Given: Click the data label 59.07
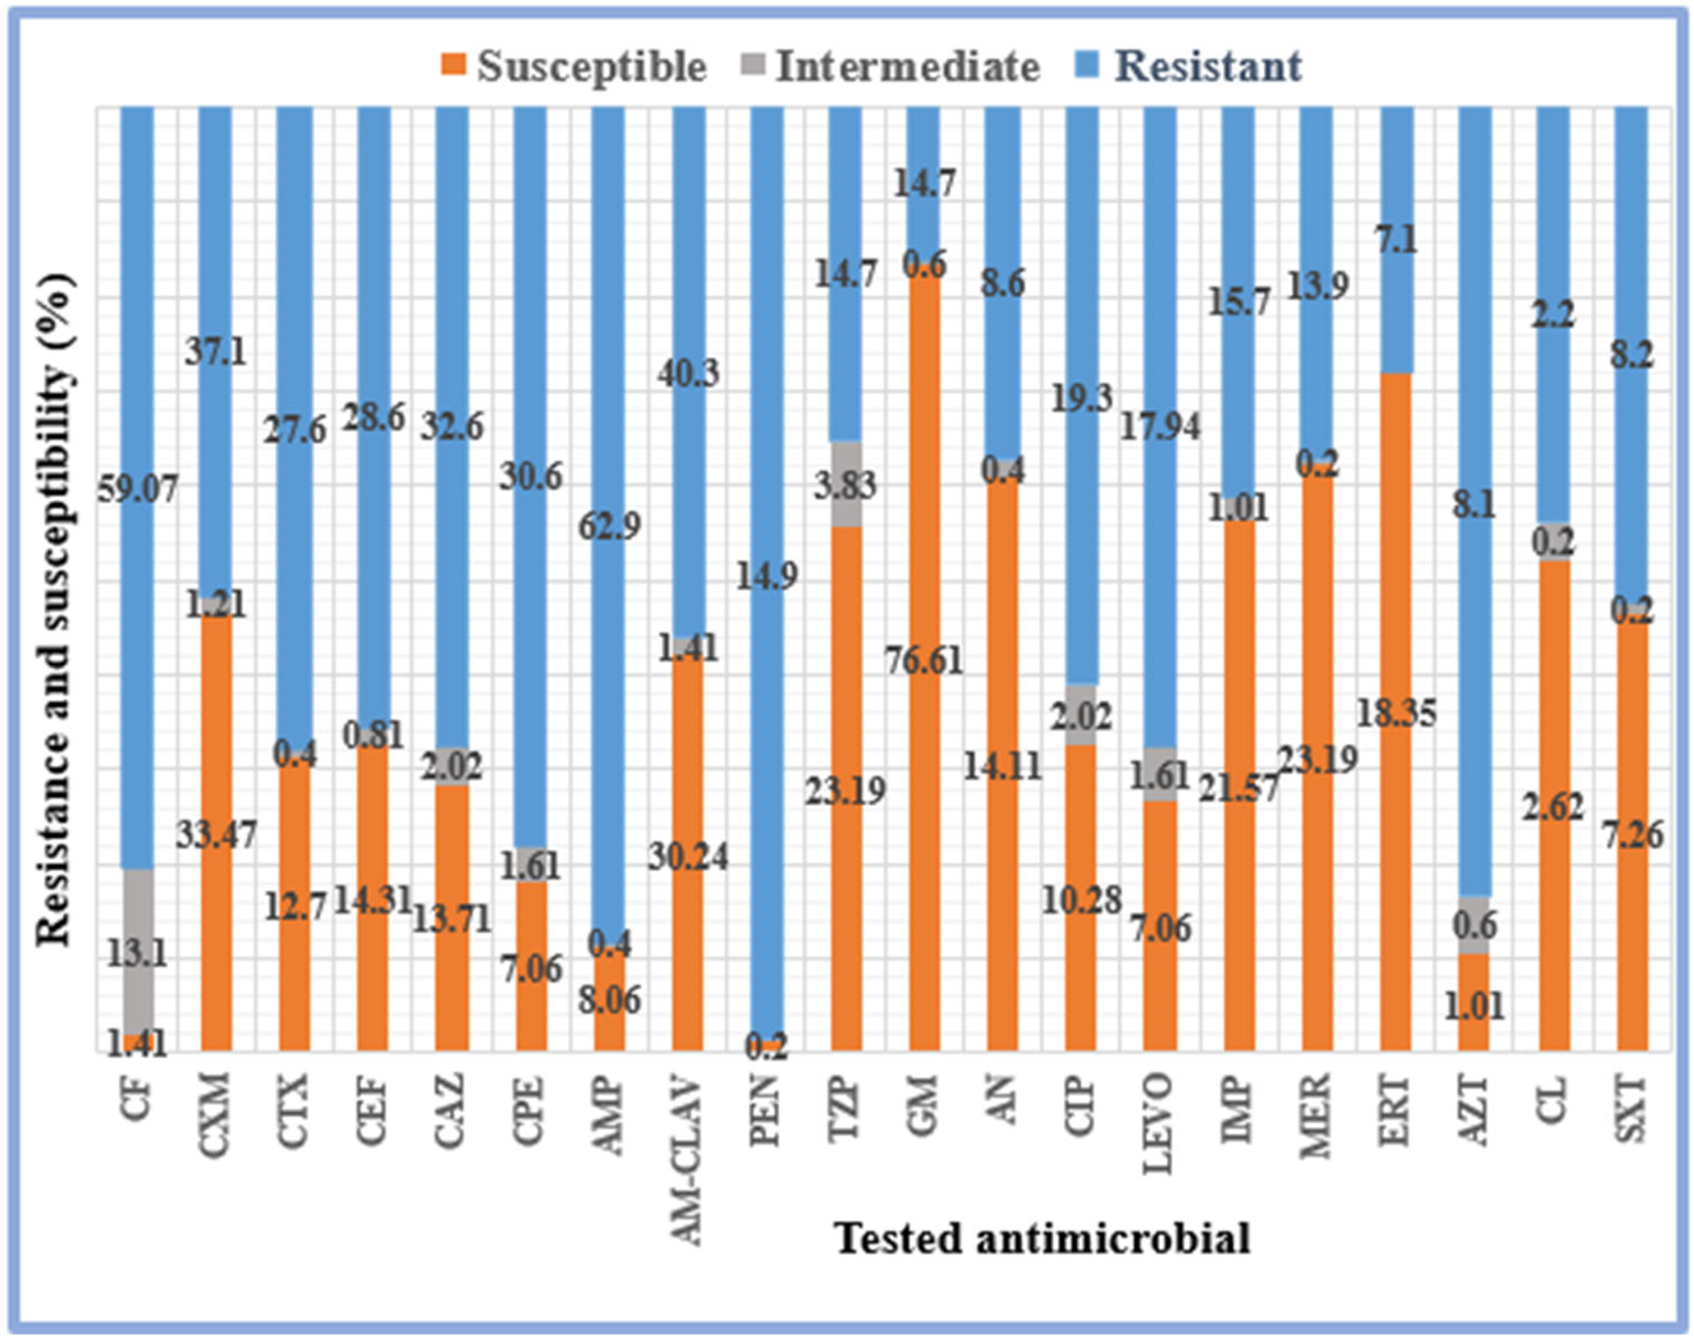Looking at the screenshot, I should (x=138, y=491).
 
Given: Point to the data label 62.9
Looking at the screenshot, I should (x=610, y=525).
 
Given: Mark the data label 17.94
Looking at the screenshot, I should (x=1160, y=427).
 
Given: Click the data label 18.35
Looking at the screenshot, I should (x=1396, y=713).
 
